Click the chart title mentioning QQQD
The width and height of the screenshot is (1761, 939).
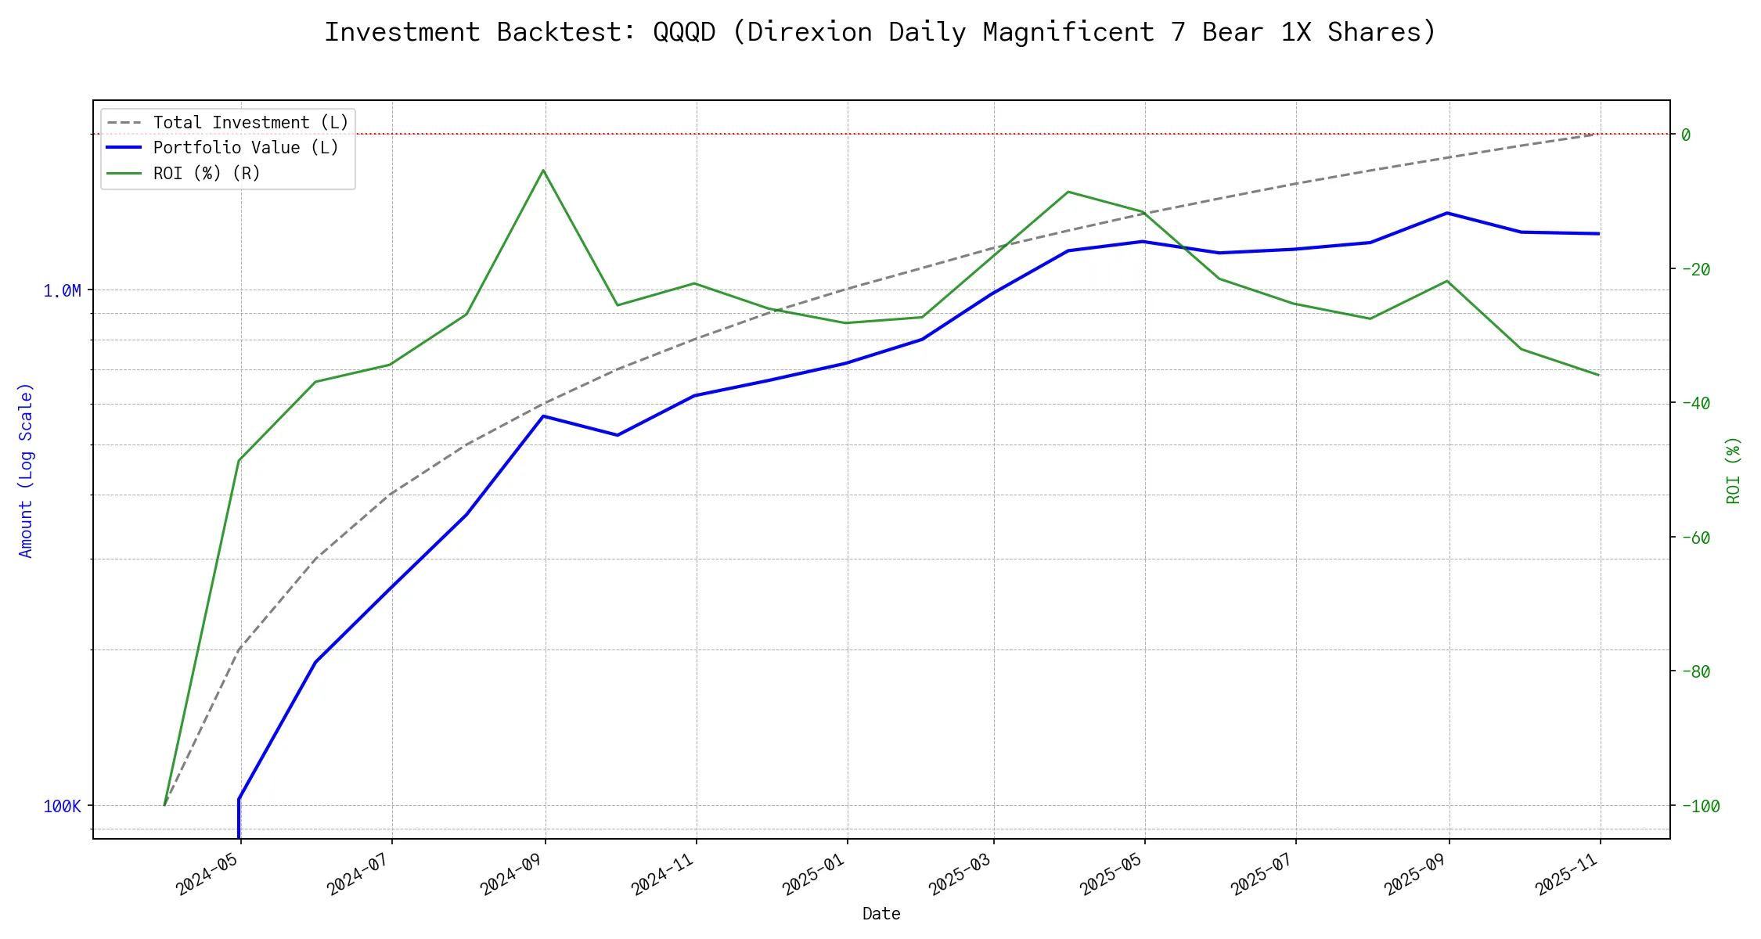(880, 33)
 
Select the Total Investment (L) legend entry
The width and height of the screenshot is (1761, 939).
(250, 123)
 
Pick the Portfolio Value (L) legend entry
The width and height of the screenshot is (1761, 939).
(246, 148)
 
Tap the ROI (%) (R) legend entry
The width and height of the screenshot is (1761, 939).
(207, 173)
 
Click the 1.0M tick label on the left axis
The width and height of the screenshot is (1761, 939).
(62, 291)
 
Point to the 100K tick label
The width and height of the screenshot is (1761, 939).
(62, 807)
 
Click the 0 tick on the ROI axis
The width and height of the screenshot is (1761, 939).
(1685, 135)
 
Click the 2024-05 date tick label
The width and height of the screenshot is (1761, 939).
(207, 874)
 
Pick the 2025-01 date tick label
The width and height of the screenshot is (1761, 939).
(813, 874)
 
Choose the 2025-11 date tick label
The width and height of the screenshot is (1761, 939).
(1566, 874)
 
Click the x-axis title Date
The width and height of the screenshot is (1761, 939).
(881, 913)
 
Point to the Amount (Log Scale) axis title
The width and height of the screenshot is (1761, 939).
(26, 469)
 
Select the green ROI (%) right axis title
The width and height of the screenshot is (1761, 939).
(1734, 469)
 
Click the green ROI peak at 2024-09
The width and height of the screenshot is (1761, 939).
(543, 170)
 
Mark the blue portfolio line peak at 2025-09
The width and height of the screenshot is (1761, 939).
(1447, 213)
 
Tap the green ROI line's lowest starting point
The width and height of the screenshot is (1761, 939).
(164, 804)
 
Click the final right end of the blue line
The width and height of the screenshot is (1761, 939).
(1598, 233)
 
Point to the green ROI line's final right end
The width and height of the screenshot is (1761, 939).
(1598, 375)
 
